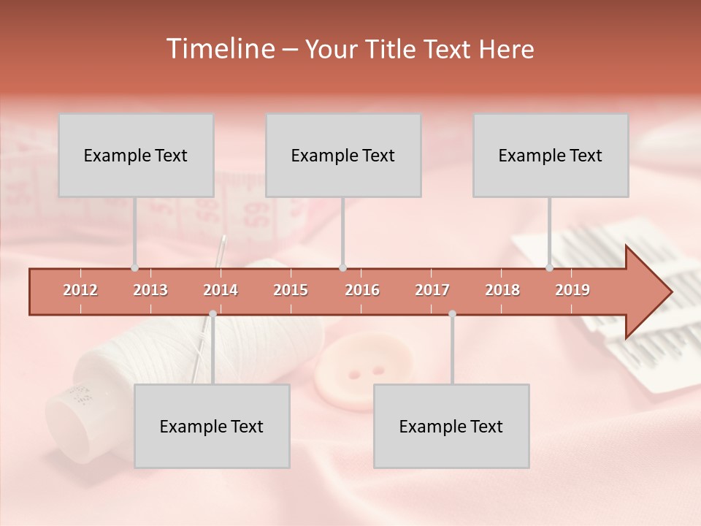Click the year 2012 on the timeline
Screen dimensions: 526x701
80,290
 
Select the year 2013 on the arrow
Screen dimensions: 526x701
150,290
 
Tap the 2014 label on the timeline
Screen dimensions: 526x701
221,290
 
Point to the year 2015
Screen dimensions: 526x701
291,290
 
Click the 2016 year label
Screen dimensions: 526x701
362,290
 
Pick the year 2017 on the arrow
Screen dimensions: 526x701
432,290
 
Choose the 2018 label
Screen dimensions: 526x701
502,290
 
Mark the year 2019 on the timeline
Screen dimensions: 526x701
572,290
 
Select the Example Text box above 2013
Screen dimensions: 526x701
136,155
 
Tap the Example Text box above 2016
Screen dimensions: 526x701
343,155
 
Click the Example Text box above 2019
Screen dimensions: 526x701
551,155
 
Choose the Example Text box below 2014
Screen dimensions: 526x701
212,426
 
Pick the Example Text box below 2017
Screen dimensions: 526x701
451,426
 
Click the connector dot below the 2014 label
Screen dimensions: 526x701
212,313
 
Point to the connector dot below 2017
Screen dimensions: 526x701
452,313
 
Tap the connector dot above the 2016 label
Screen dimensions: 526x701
342,268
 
